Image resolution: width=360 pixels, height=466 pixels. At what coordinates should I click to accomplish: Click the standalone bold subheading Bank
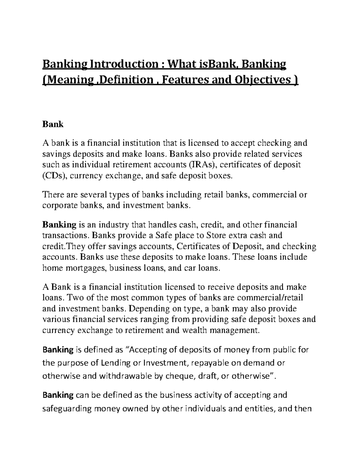click(53, 124)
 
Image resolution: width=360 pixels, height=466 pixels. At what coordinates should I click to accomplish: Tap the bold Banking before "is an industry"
click(59, 224)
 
